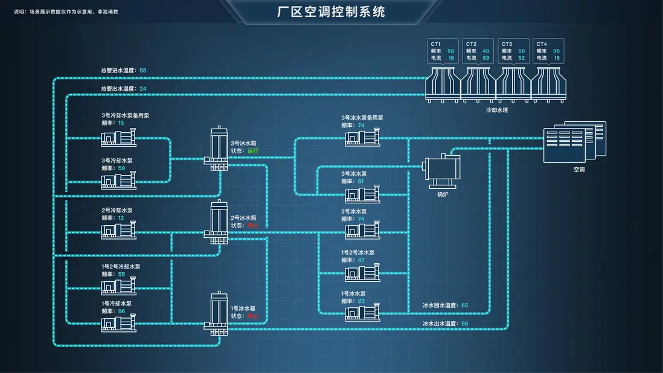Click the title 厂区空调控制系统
(x=331, y=11)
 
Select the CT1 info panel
(x=442, y=51)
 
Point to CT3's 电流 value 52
(x=521, y=58)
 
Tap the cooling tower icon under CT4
(x=548, y=83)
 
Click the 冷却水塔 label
(x=496, y=110)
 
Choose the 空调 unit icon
(x=574, y=142)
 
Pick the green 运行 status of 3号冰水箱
(x=252, y=150)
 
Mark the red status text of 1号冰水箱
(x=252, y=316)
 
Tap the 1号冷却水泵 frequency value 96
(x=121, y=311)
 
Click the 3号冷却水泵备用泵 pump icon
(x=118, y=138)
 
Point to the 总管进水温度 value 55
(x=143, y=70)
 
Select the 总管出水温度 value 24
(x=143, y=89)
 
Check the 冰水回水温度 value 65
(x=464, y=305)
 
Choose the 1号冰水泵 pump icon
(x=362, y=313)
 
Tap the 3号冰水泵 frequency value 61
(x=360, y=181)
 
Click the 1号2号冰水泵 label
(x=357, y=252)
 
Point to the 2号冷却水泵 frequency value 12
(x=121, y=218)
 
